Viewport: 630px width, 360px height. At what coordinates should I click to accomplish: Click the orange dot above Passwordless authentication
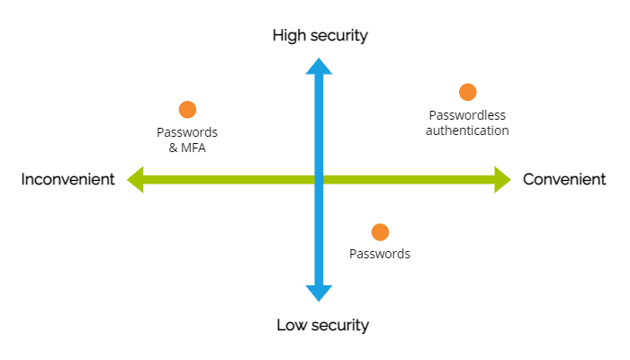pos(467,92)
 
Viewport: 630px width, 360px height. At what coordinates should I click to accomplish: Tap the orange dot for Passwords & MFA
pos(187,110)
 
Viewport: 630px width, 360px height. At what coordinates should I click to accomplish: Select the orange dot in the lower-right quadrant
pos(380,232)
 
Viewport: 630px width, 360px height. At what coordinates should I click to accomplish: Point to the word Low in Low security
pos(292,325)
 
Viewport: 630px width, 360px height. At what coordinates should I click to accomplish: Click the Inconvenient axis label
pos(68,179)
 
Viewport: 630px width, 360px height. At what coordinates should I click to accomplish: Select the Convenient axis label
pos(564,179)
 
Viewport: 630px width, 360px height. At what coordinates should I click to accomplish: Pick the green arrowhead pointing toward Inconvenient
pos(136,179)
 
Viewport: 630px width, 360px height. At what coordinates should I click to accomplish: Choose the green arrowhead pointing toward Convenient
pos(502,179)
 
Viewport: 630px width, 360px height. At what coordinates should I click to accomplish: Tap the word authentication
pos(467,130)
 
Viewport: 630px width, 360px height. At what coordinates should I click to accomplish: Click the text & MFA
pos(187,148)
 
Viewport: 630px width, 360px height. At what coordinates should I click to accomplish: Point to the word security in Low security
pos(341,325)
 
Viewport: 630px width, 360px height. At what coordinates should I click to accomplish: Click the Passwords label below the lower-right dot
pos(380,254)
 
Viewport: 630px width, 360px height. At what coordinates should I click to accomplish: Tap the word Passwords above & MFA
pos(187,132)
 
